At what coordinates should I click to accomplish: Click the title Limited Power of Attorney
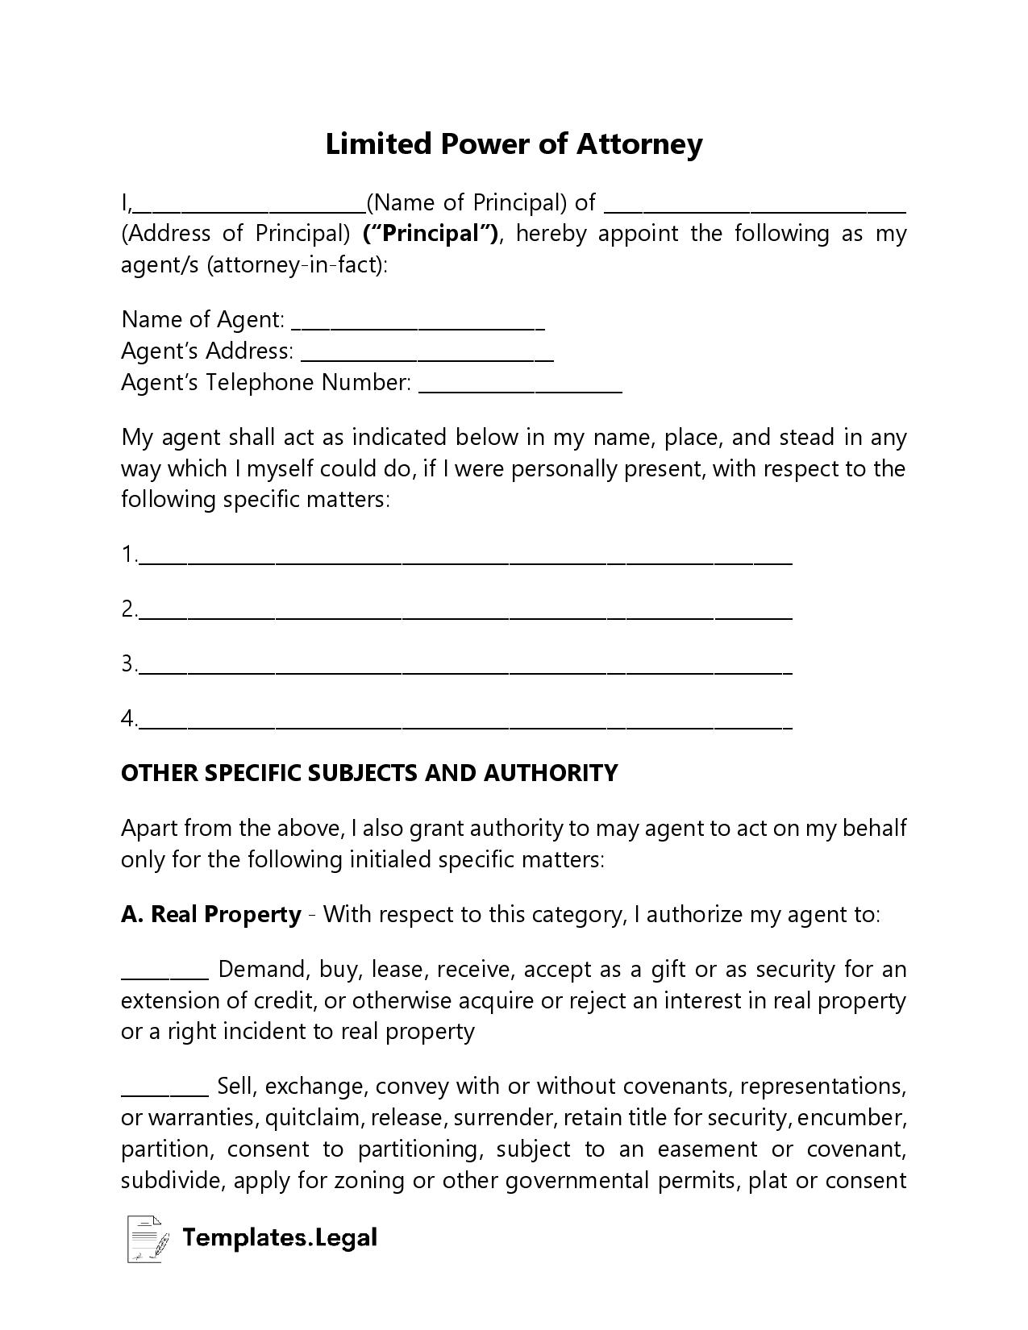tap(514, 144)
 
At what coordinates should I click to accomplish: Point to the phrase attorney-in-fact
tap(295, 265)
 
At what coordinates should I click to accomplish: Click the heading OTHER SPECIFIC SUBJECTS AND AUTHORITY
tap(369, 773)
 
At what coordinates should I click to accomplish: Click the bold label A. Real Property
tap(211, 915)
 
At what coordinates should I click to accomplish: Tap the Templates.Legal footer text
tap(280, 1237)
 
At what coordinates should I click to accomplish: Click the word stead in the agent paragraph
tap(806, 438)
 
